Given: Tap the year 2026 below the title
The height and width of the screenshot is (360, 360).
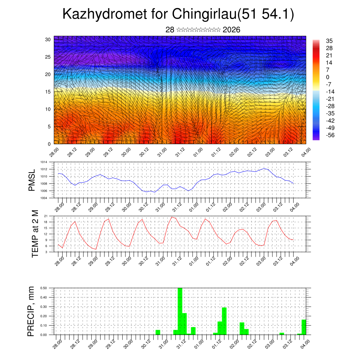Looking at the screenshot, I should (231, 30).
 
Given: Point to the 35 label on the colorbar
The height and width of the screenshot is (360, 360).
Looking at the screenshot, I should (329, 41).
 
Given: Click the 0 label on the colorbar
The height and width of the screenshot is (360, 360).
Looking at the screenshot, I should (328, 77).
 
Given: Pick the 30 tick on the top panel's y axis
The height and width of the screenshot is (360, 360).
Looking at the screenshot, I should (48, 39).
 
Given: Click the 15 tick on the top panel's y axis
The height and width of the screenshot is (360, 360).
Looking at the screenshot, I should (48, 92).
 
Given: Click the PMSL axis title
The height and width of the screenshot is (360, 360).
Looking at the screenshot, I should (32, 180).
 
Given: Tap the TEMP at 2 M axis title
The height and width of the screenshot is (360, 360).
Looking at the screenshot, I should (35, 233).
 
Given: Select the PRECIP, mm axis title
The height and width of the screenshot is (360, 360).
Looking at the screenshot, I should (32, 311).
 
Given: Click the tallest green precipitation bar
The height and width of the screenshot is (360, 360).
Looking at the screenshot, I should (180, 311).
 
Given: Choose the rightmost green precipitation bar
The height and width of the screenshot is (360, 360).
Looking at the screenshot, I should (304, 327).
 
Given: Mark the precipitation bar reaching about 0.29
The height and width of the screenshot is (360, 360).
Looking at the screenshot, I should (224, 321).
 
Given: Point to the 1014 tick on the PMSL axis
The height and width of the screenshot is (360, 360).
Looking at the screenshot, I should (43, 162).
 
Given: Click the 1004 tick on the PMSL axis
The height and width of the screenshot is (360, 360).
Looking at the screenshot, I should (43, 198).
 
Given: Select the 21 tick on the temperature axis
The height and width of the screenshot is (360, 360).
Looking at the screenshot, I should (46, 216).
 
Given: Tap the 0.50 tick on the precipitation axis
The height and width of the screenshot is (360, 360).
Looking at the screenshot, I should (44, 288).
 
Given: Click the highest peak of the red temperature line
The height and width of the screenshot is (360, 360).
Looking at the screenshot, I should (172, 217).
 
